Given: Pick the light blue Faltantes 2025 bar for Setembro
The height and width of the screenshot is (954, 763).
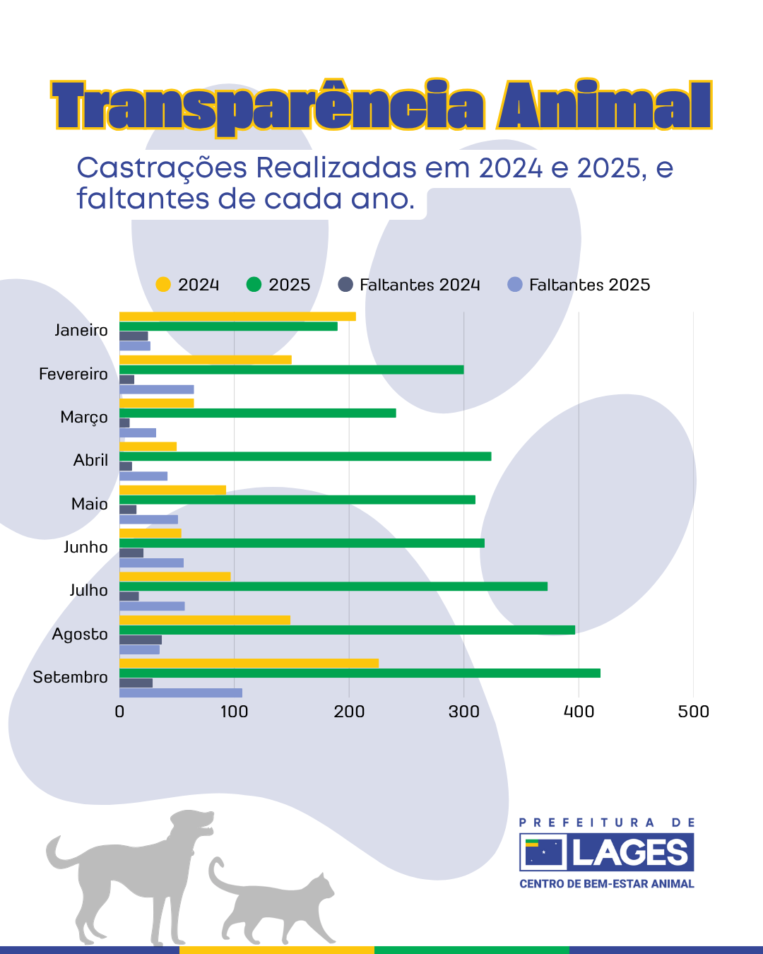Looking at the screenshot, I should click(x=181, y=693).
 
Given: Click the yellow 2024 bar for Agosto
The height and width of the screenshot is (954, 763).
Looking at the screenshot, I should click(x=205, y=620).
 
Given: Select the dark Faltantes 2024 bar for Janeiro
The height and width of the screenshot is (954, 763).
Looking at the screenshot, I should click(x=134, y=336).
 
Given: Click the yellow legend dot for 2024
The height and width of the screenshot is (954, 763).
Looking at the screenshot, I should click(x=163, y=285).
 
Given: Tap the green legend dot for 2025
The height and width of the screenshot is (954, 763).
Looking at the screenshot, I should click(x=254, y=285).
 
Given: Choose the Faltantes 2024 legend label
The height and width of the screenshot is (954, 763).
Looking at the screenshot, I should click(x=420, y=285).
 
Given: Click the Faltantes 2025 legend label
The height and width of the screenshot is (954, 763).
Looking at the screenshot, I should click(x=589, y=285).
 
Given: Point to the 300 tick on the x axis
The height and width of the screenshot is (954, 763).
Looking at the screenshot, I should click(x=463, y=712).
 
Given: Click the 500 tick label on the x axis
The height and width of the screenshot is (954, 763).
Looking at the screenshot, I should click(x=693, y=712).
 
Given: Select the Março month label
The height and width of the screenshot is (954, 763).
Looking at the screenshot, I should click(x=84, y=418).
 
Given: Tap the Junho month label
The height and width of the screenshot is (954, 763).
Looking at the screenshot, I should click(x=85, y=547).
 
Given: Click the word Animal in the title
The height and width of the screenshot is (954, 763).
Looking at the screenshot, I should click(x=604, y=106).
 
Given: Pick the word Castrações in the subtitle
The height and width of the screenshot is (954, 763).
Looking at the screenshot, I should click(x=162, y=168).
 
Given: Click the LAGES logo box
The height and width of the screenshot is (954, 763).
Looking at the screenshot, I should click(x=607, y=852).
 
